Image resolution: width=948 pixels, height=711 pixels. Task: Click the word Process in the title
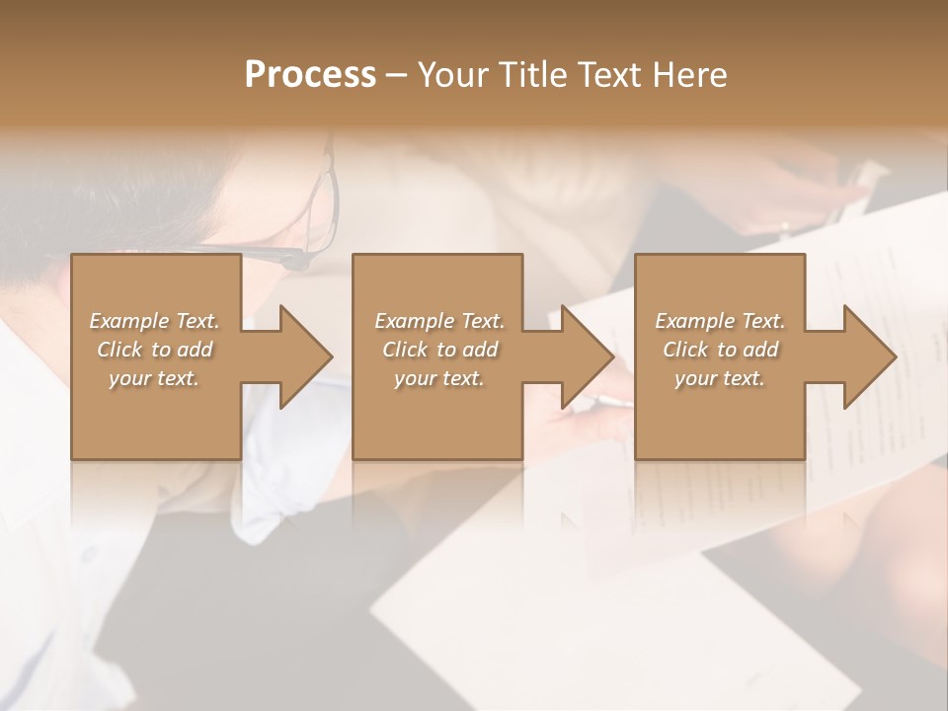[310, 74]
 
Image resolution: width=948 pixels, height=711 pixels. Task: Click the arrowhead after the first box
[296, 357]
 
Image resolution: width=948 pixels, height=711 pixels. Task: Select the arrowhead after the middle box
[578, 357]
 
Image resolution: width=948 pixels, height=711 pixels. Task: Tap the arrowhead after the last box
[859, 357]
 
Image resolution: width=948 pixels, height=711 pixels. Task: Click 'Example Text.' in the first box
[154, 321]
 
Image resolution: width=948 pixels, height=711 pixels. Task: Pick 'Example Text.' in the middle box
[439, 321]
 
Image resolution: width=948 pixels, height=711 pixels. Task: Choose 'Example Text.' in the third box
[720, 321]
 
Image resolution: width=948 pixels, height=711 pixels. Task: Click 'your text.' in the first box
[154, 378]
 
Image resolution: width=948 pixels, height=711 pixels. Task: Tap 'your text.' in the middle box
[439, 378]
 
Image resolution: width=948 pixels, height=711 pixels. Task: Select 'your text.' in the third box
[720, 378]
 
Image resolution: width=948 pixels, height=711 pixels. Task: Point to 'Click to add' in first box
[154, 350]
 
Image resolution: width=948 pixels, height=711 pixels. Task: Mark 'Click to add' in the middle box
[439, 350]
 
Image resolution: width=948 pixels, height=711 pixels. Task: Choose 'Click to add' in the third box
[720, 350]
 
